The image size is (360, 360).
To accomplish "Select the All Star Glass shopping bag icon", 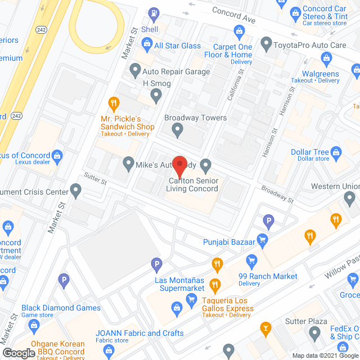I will [146, 43].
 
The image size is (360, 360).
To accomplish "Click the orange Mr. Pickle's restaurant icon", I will [114, 102].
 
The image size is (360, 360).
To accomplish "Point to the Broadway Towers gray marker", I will [178, 132].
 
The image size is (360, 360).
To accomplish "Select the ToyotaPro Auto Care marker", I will [267, 43].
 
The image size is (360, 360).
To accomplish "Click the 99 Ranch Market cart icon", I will [251, 260].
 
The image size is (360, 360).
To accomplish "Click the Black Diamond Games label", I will [61, 308].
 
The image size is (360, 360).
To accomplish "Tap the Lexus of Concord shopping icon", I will [57, 155].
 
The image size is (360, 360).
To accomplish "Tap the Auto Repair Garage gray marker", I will [135, 71].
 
